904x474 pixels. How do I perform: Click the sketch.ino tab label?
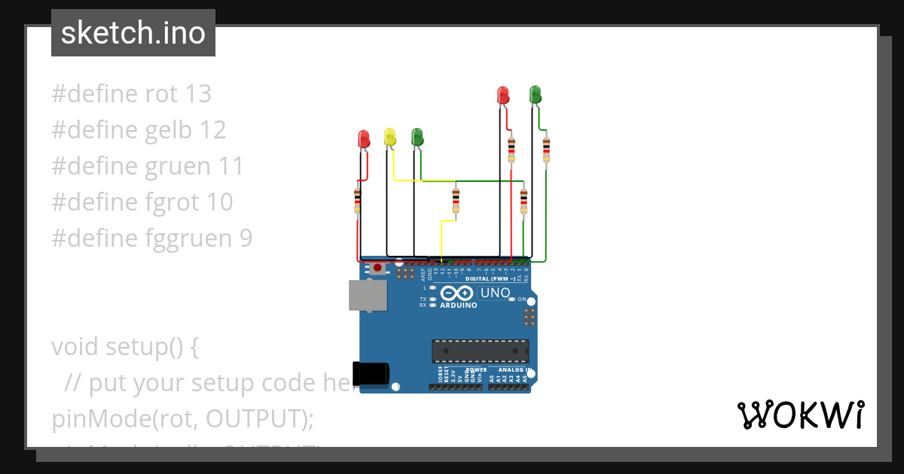pyautogui.click(x=133, y=33)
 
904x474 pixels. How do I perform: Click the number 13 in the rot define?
pyautogui.click(x=197, y=94)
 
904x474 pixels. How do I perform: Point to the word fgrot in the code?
pyautogui.click(x=173, y=202)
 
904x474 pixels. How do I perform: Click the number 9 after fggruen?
pyautogui.click(x=246, y=239)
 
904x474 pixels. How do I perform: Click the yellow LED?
pyautogui.click(x=389, y=137)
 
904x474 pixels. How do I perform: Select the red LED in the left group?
pyautogui.click(x=363, y=139)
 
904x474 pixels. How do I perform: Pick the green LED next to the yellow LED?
pyautogui.click(x=417, y=137)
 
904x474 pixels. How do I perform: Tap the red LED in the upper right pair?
pyautogui.click(x=503, y=95)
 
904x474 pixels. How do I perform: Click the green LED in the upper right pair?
pyautogui.click(x=535, y=94)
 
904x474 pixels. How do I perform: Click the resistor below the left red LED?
pyautogui.click(x=357, y=200)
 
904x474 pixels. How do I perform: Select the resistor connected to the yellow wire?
pyautogui.click(x=455, y=199)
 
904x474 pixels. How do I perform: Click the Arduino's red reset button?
pyautogui.click(x=377, y=268)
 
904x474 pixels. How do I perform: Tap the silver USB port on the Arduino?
pyautogui.click(x=368, y=295)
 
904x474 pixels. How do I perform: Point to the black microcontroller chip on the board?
pyautogui.click(x=480, y=351)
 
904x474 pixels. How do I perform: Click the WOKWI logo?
pyautogui.click(x=800, y=415)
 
